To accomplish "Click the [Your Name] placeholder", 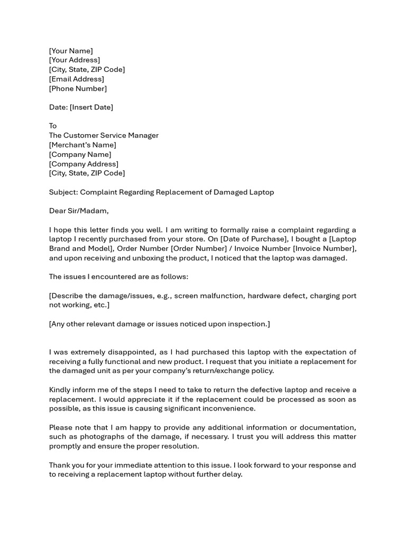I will [x=71, y=51].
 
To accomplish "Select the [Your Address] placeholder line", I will [x=75, y=60].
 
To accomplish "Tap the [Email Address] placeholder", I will [x=77, y=79].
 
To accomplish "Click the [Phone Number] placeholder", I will [x=78, y=89].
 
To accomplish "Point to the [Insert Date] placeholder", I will [x=91, y=107].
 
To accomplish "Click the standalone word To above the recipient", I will [x=53, y=126].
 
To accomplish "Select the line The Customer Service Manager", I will [x=104, y=135].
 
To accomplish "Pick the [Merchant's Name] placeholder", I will [x=82, y=145].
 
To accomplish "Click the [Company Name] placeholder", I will [x=80, y=154].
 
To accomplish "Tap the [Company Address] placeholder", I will [x=84, y=164].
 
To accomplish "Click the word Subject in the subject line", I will [x=62, y=192].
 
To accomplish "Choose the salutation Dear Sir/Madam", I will [x=79, y=211].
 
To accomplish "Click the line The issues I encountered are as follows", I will [x=118, y=277].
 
